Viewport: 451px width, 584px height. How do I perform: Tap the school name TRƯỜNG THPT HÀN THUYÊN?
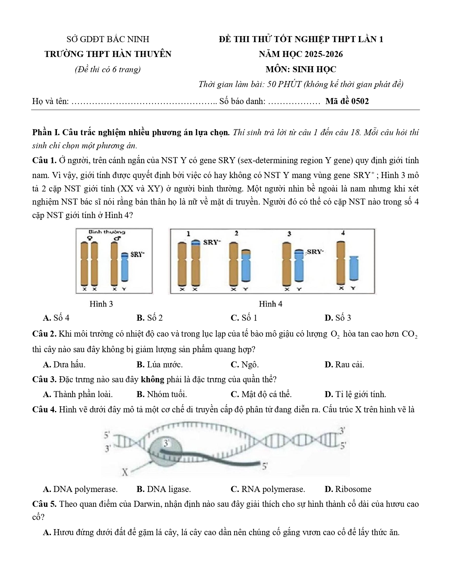tap(108, 54)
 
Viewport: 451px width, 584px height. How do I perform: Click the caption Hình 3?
tap(101, 304)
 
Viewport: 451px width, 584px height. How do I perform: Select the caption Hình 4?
tap(271, 304)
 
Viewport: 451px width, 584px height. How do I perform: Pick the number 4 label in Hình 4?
tap(343, 233)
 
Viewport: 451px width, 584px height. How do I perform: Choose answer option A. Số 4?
tap(56, 318)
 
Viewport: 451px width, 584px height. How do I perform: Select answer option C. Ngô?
tap(244, 365)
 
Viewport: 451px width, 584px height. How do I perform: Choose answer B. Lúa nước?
tap(160, 365)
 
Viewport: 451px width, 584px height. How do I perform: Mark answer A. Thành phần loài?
tap(78, 394)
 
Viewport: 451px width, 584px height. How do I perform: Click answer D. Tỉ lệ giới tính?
tap(355, 394)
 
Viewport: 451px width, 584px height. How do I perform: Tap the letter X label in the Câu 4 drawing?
tap(125, 472)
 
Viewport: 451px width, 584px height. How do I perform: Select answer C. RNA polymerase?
tap(268, 489)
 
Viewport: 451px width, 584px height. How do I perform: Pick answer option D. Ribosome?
tap(348, 489)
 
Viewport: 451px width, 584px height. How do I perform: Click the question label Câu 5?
tap(44, 504)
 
